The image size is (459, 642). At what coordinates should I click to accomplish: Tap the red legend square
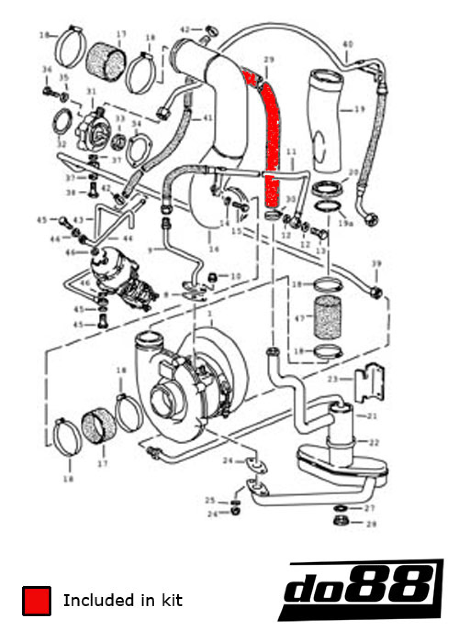36,601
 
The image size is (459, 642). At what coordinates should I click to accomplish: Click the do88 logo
363,589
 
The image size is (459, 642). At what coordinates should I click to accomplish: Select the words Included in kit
123,600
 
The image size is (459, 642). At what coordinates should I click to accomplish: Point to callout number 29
269,60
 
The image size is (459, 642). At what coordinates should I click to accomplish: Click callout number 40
348,45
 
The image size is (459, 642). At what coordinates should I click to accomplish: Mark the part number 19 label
359,109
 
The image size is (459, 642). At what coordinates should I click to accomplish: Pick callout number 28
371,524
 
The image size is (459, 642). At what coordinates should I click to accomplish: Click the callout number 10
235,276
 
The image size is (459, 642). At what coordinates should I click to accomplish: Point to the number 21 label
372,416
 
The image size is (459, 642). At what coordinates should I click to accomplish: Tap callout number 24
228,460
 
